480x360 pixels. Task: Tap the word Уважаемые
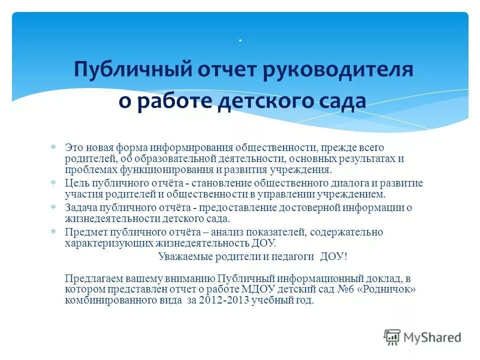click(182, 256)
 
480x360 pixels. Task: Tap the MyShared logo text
click(432, 337)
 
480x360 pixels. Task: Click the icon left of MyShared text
click(392, 337)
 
